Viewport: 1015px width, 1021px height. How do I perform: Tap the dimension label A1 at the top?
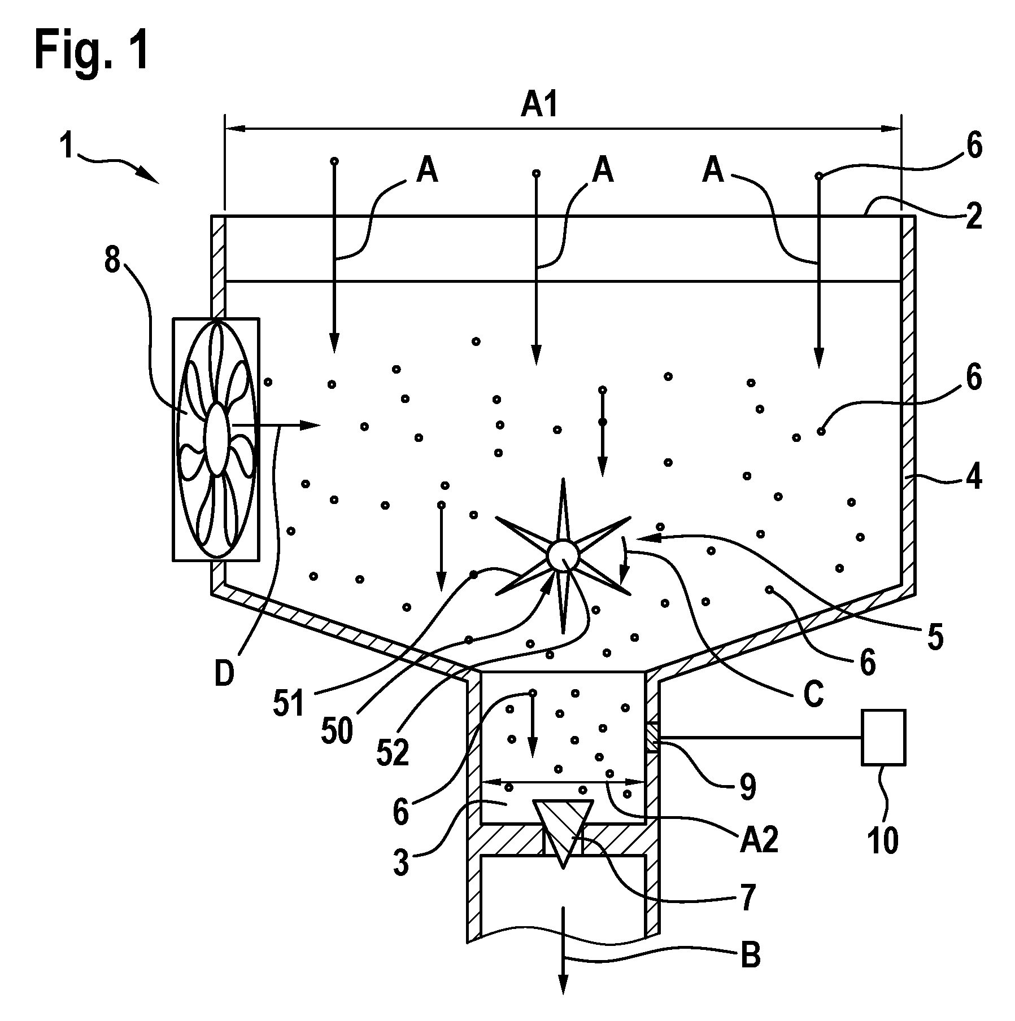pos(539,107)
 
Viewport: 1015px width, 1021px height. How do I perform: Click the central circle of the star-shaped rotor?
pos(563,555)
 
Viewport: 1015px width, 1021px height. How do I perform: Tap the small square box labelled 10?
pos(883,737)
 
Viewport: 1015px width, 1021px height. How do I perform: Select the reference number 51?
pos(289,704)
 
